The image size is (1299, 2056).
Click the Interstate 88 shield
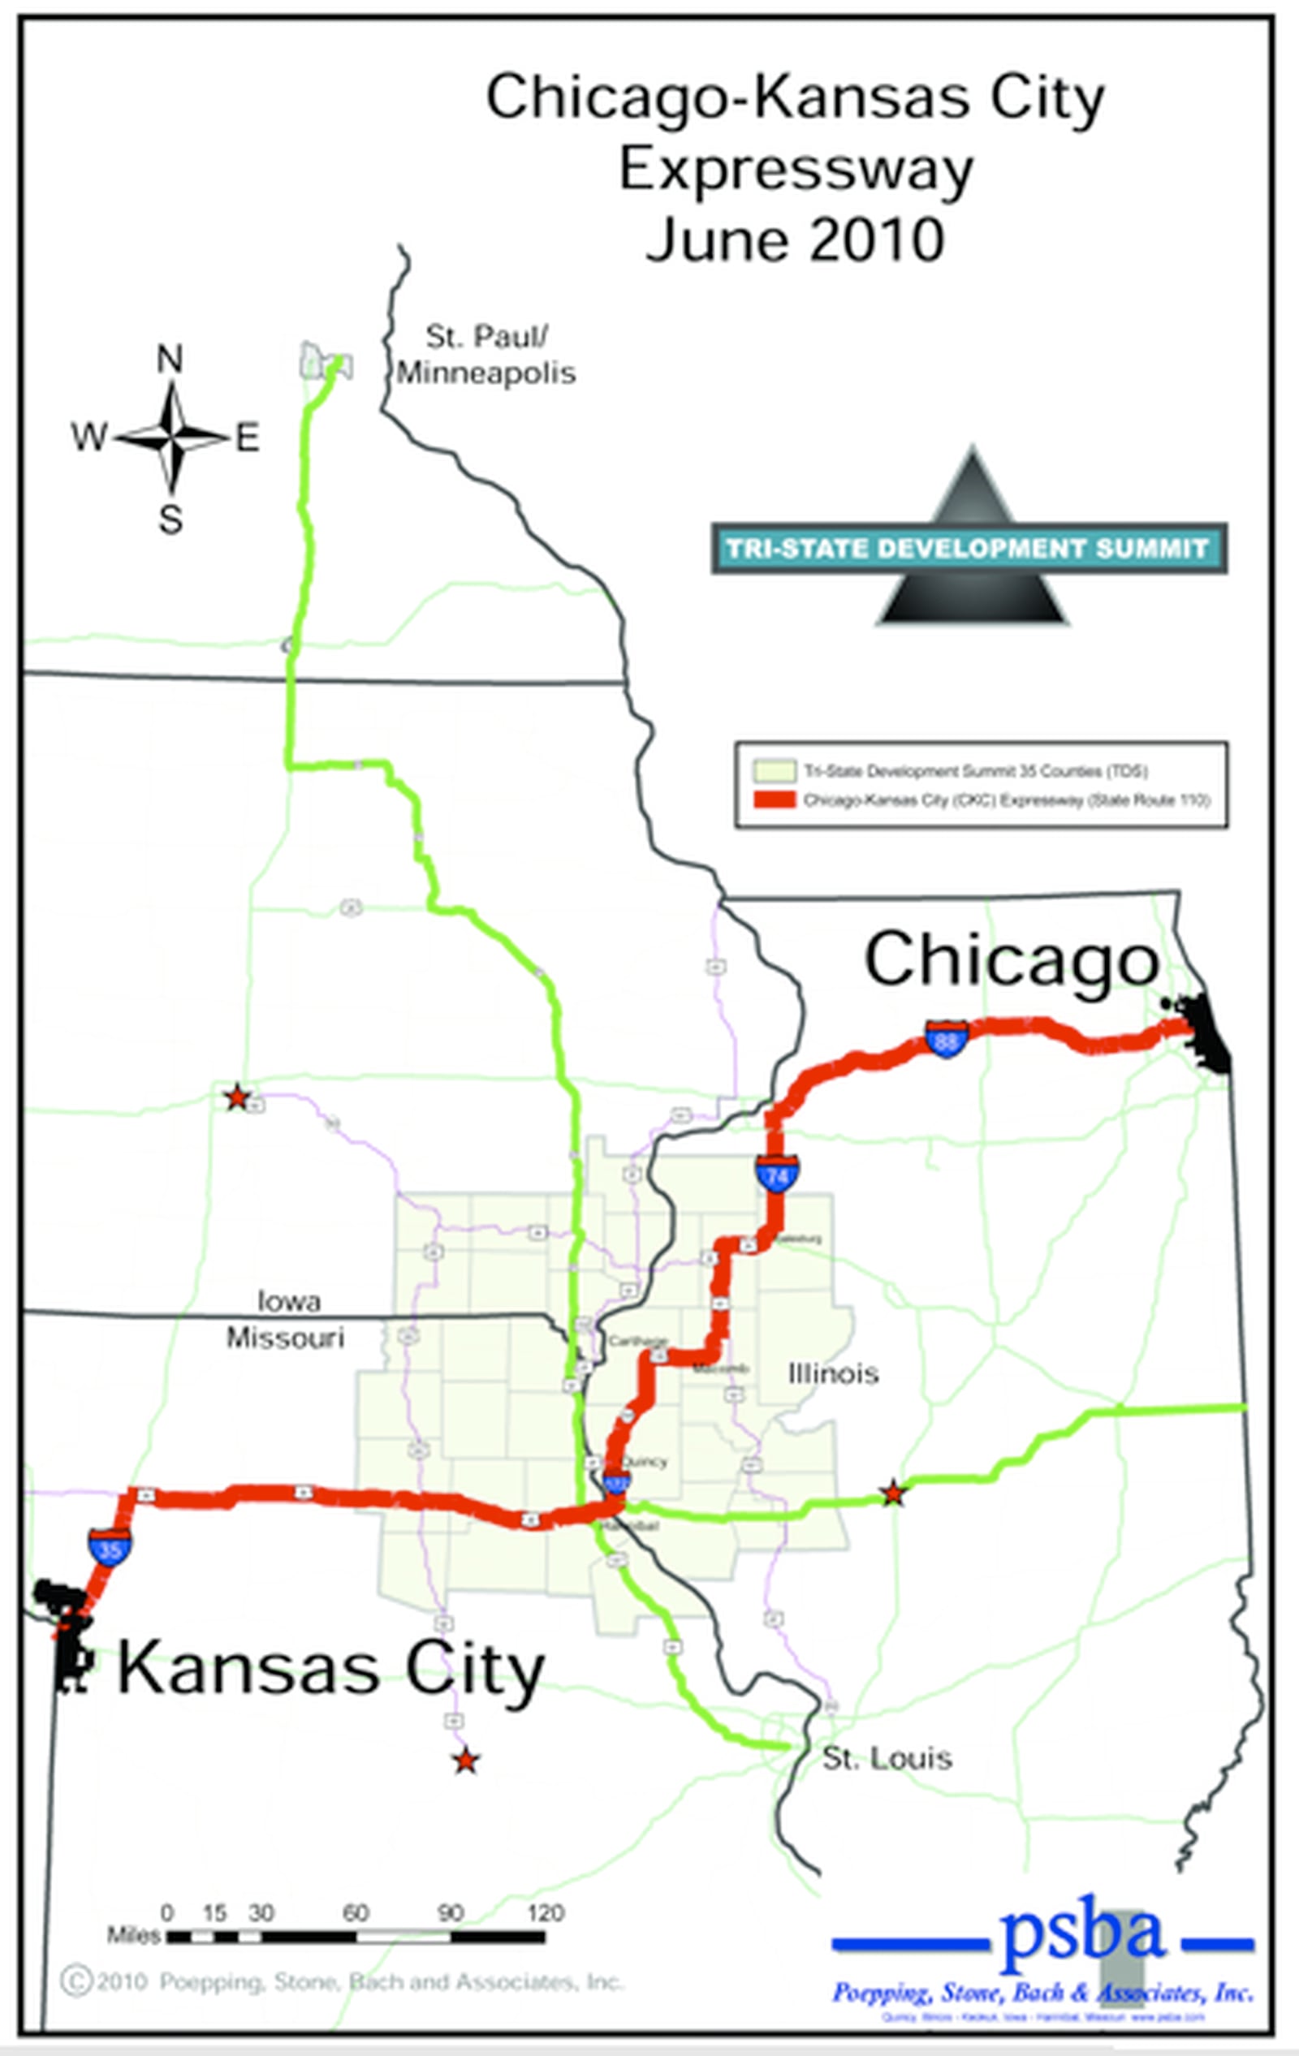coord(947,1038)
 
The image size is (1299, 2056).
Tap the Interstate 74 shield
coord(776,1174)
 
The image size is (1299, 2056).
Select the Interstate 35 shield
coord(110,1546)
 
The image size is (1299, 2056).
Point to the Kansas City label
coord(330,1668)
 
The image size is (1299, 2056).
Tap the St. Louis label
coord(887,1758)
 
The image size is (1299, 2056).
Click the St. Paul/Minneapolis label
coord(486,356)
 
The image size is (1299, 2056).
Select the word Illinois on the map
coord(833,1373)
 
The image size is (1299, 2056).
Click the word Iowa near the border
coord(290,1301)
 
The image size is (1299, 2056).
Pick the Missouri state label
coord(285,1337)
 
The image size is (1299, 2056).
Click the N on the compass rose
coord(170,360)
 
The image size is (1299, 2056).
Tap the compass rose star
coord(172,438)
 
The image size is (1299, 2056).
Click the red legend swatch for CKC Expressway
coord(774,800)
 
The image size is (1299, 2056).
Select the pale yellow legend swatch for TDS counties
coord(774,771)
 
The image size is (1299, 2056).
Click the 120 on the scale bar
coord(545,1912)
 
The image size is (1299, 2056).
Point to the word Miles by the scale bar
coord(134,1935)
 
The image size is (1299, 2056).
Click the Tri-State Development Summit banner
coord(969,548)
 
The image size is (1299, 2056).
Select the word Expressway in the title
coord(795,170)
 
